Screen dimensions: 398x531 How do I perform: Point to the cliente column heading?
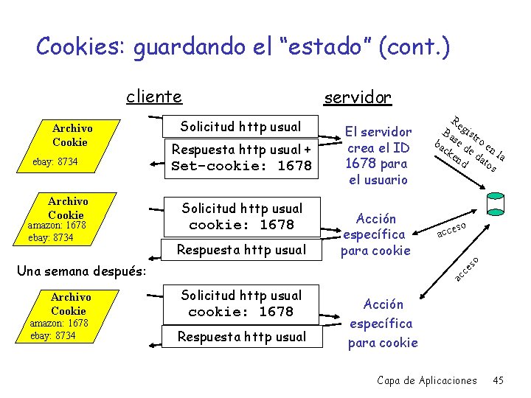point(154,97)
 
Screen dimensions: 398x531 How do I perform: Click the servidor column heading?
point(358,97)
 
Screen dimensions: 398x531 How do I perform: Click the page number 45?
point(498,380)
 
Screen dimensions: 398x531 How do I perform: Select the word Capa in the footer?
point(389,380)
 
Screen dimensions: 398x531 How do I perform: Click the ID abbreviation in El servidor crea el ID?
point(403,147)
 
